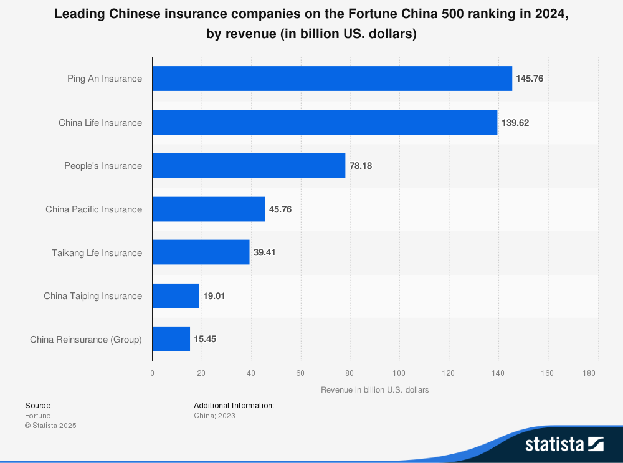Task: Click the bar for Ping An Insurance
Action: tap(332, 79)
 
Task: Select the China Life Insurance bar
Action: tap(325, 122)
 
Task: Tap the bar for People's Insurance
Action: tap(249, 165)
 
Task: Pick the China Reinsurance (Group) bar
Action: tap(171, 339)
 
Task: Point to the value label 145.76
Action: tap(530, 79)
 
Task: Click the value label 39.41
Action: tap(264, 252)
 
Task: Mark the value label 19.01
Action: tap(214, 296)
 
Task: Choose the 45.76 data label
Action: tap(280, 209)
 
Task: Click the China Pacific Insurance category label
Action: tap(93, 209)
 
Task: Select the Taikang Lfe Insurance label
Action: tap(97, 252)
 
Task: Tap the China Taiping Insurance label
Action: tap(93, 296)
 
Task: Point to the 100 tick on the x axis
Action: tap(399, 373)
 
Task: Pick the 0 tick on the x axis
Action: tap(152, 373)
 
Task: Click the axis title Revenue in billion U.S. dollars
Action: tap(375, 390)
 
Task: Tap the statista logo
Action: tap(564, 444)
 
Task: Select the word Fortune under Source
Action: tap(38, 416)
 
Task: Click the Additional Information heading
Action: tap(234, 405)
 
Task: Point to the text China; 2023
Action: tap(214, 416)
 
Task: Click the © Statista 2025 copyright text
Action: tap(50, 426)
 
